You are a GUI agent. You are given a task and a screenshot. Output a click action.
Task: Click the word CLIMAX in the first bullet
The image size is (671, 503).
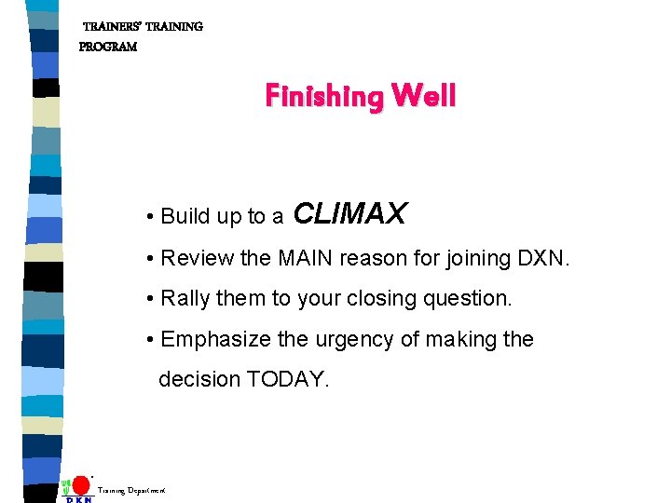349,214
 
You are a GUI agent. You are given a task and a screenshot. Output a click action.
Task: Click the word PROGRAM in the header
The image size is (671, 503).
108,47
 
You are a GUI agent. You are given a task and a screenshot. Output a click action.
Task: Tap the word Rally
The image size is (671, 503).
186,299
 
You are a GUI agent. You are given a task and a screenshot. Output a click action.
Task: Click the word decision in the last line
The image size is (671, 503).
199,380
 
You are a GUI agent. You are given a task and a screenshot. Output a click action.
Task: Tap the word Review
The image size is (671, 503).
196,258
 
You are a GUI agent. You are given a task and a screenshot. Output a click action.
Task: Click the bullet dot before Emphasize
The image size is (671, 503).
150,340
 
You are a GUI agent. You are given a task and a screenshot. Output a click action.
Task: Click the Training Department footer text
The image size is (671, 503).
131,489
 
